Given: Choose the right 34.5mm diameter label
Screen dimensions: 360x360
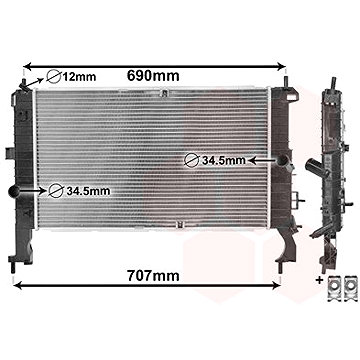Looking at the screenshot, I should pyautogui.click(x=223, y=159).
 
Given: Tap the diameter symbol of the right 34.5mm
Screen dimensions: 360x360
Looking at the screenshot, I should pyautogui.click(x=191, y=159).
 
